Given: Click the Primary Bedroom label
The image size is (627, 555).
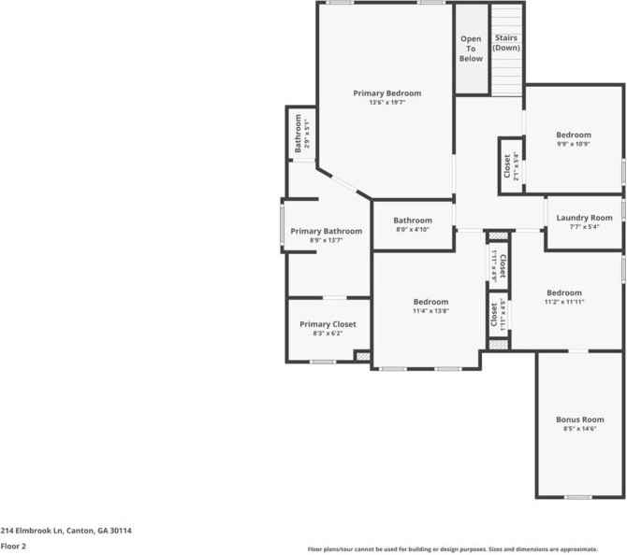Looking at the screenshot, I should click(x=386, y=93).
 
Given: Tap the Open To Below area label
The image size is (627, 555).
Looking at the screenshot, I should click(x=471, y=49).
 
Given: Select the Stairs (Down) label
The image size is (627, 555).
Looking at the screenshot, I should click(x=506, y=43).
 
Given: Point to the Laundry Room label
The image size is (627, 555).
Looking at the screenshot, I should click(x=584, y=218).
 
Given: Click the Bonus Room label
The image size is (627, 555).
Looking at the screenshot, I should click(x=579, y=420).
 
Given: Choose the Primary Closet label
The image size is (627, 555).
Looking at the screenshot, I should click(x=328, y=324).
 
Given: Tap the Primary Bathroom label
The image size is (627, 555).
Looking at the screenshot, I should click(x=326, y=231).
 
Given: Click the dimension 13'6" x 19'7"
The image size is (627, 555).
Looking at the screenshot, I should click(x=386, y=103).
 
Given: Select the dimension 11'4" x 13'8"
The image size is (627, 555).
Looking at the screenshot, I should click(x=430, y=311).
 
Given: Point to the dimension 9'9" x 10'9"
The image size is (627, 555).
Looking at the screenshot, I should click(x=574, y=144).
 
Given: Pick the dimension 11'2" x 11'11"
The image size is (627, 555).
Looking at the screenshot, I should click(x=564, y=302).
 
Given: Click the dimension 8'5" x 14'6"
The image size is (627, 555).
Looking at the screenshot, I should click(x=579, y=429).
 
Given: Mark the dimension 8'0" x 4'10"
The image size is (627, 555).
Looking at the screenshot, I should click(x=412, y=230).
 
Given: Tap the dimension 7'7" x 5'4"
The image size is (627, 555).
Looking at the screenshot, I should click(x=584, y=226).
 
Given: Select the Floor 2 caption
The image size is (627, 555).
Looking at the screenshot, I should click(x=13, y=545).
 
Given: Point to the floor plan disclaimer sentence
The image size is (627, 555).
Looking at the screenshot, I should click(x=465, y=549).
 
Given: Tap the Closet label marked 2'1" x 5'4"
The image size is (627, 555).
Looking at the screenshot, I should click(x=507, y=166).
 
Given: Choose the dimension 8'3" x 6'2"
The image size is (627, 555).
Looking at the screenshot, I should click(x=328, y=334).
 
